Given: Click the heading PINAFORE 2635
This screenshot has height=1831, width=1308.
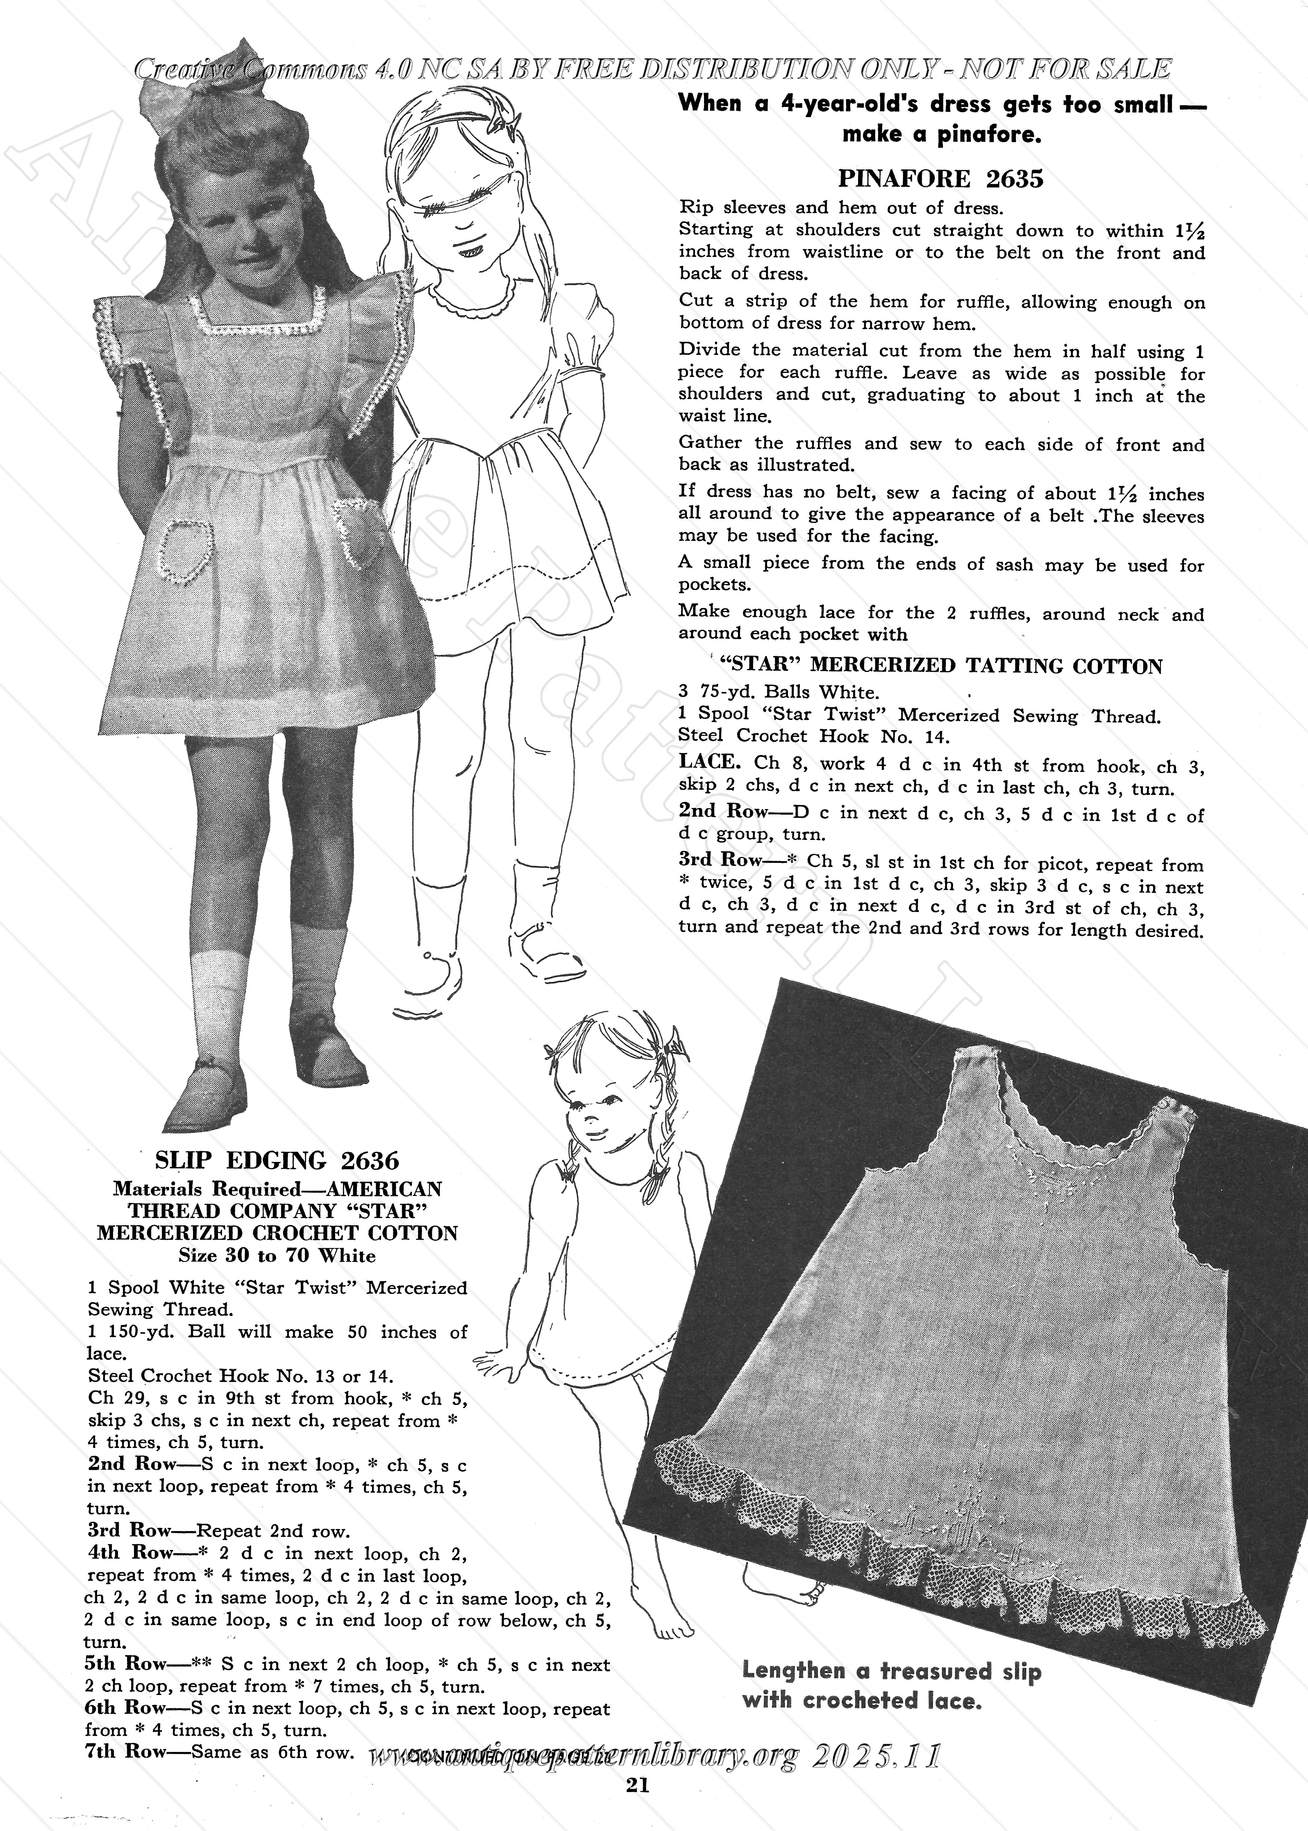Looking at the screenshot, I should [x=941, y=178].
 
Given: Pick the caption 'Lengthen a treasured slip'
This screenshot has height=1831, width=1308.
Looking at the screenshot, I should [x=891, y=1671].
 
